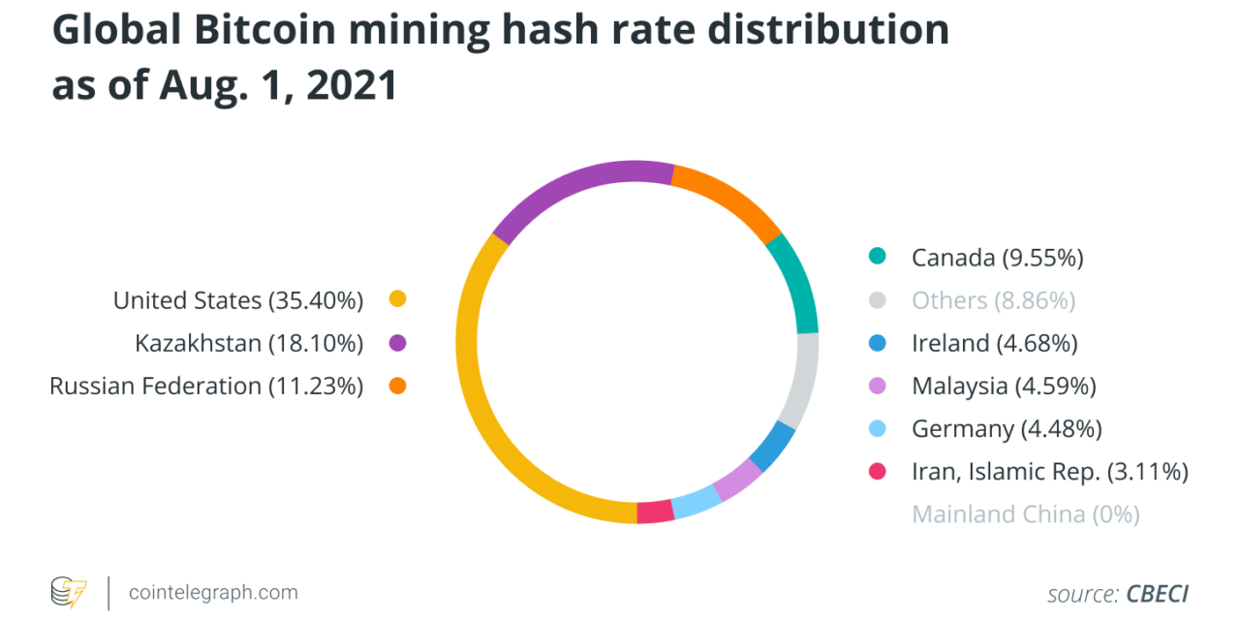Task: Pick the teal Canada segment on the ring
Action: tap(800, 281)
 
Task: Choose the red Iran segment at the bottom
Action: tap(655, 511)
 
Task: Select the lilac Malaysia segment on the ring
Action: tap(737, 480)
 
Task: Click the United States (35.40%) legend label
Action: tap(237, 300)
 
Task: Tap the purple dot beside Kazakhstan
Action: tap(396, 343)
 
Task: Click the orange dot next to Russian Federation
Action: tap(396, 386)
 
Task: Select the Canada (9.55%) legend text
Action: tap(997, 258)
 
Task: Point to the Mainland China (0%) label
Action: tap(1025, 513)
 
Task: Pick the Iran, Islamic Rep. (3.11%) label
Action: tap(1049, 471)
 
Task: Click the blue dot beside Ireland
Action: tap(877, 343)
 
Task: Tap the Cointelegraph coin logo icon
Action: tap(69, 592)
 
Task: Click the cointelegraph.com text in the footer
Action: tap(213, 592)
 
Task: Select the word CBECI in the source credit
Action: tap(1157, 593)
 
